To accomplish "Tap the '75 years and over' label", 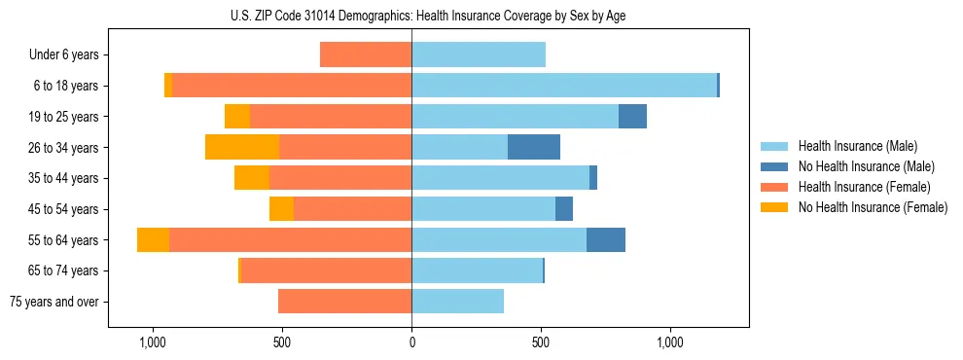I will (x=54, y=302).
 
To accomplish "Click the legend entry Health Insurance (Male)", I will (x=856, y=146).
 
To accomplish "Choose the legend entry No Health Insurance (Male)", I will (x=866, y=166).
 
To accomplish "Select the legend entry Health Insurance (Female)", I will (x=864, y=187).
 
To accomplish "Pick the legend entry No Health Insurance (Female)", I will (x=873, y=207).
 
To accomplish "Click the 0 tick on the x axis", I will (x=411, y=342).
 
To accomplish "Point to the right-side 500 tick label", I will (x=541, y=342).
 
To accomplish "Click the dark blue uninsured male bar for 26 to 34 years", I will (x=534, y=148).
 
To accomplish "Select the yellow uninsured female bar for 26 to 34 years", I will (x=242, y=148).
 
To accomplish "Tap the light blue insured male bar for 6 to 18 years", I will (x=564, y=86).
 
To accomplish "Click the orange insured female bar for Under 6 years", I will (x=366, y=55).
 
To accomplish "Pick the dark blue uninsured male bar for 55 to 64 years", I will (x=606, y=240).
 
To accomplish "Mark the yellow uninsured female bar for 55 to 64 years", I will (x=153, y=240).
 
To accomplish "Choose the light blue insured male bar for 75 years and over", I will (x=457, y=302).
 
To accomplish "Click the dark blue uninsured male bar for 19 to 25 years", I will (x=632, y=117).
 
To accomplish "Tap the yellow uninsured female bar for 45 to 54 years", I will (x=281, y=209).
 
